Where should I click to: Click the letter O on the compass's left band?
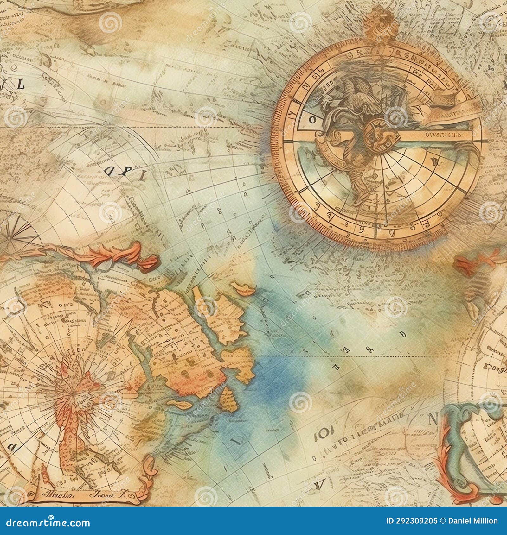coord(312,120)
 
